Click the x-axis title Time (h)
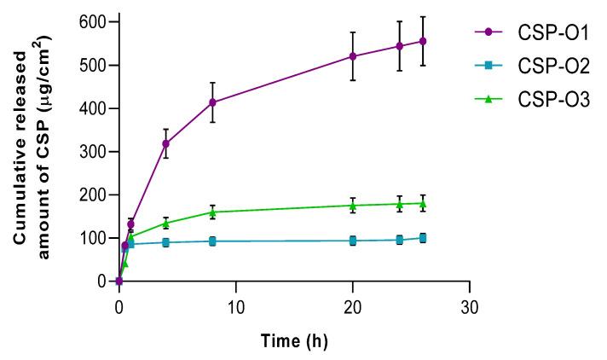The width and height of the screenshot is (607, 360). pos(293,340)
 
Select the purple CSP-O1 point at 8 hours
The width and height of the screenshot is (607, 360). pos(212,102)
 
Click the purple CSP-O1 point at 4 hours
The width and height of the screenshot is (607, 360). pos(165,143)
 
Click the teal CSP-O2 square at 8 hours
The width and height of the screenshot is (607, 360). pos(212,241)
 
